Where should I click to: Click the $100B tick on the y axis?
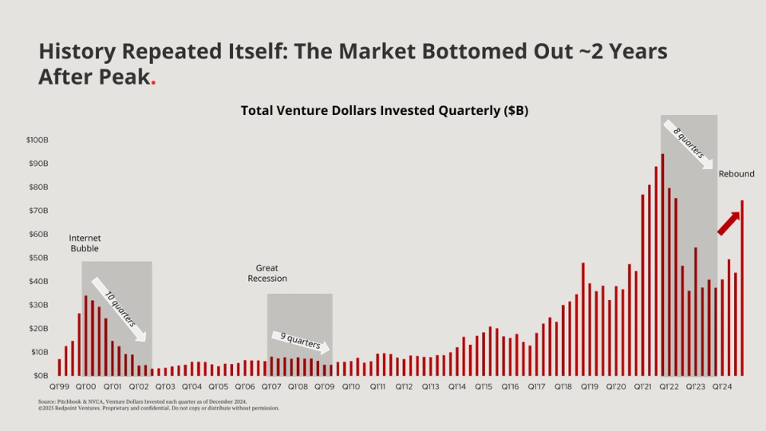[38, 140]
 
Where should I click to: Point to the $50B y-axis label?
[39, 258]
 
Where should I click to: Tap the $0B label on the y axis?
[41, 375]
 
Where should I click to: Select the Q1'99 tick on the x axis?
[59, 386]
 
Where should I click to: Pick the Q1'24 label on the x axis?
[722, 386]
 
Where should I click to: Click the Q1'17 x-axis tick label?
[536, 386]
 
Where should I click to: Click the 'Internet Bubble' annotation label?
[85, 243]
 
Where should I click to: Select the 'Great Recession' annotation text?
[271, 273]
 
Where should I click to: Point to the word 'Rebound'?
[736, 174]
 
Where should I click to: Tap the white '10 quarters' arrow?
[118, 308]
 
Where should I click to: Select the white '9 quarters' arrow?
[300, 341]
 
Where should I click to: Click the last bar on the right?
[742, 288]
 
